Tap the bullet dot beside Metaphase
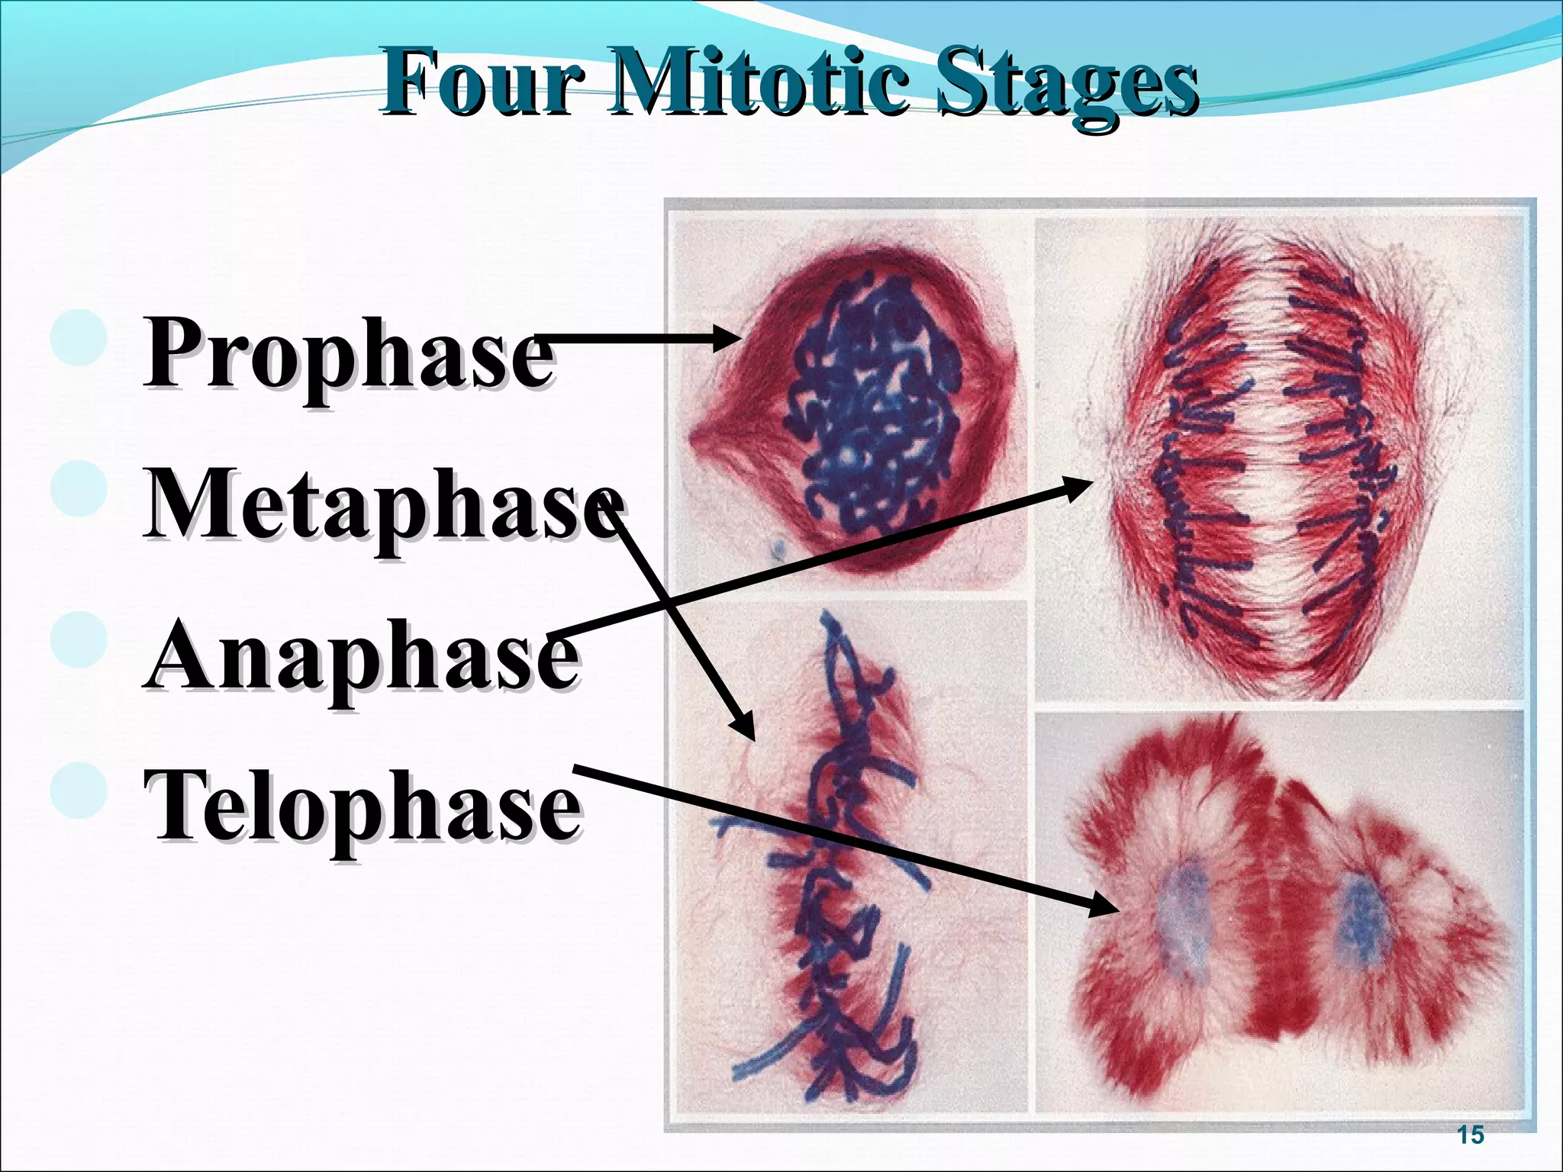click(79, 489)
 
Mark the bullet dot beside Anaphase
click(79, 639)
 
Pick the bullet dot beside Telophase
click(79, 790)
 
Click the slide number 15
click(1470, 1135)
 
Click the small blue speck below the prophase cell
click(779, 548)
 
